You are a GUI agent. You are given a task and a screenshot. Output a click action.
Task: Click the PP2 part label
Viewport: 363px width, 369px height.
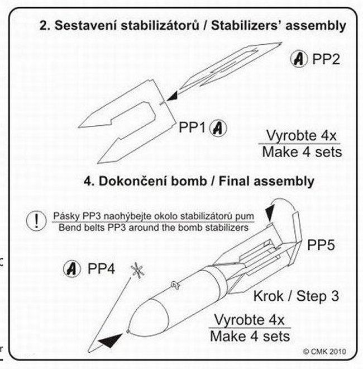click(x=326, y=59)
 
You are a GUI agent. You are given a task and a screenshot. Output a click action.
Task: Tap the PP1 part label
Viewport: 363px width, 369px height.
click(x=192, y=127)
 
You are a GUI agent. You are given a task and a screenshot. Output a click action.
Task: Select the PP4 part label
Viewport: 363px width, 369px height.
click(x=101, y=268)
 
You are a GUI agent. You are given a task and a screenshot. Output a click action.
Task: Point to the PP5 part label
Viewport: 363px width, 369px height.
click(x=321, y=245)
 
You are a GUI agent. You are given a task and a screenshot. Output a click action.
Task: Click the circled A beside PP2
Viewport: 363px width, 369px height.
click(x=299, y=59)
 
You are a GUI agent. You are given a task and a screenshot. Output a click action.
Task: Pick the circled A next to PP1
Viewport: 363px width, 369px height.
click(x=218, y=128)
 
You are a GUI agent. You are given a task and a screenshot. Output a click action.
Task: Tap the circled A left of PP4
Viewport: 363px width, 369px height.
click(x=72, y=268)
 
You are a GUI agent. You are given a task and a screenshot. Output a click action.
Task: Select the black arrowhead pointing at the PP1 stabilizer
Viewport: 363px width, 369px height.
click(x=172, y=96)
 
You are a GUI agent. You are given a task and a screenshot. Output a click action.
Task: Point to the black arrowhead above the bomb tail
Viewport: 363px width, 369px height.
click(x=270, y=213)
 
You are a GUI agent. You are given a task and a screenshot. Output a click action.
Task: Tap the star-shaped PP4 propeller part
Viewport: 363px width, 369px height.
click(x=137, y=271)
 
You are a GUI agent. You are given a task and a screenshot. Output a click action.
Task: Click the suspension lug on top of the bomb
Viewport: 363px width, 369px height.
click(x=175, y=285)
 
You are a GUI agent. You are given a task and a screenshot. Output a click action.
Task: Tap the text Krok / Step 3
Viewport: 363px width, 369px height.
click(x=296, y=296)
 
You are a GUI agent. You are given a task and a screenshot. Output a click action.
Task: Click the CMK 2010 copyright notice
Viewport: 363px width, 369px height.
click(x=324, y=352)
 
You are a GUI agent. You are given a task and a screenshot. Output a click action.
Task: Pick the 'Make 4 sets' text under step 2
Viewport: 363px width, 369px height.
click(x=302, y=152)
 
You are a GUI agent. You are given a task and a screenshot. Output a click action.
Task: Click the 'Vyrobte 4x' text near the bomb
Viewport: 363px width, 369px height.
click(x=250, y=320)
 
